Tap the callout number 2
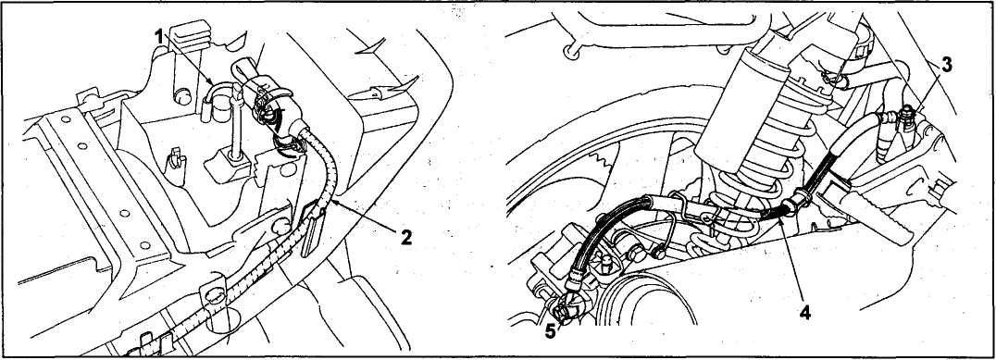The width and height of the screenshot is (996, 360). click(405, 238)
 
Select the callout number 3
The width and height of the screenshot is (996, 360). click(946, 64)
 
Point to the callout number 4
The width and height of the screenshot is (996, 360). click(805, 313)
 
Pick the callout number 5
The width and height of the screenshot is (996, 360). click(550, 331)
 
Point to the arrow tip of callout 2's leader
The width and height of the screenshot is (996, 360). click(330, 201)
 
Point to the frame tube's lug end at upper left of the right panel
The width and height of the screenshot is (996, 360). click(573, 52)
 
